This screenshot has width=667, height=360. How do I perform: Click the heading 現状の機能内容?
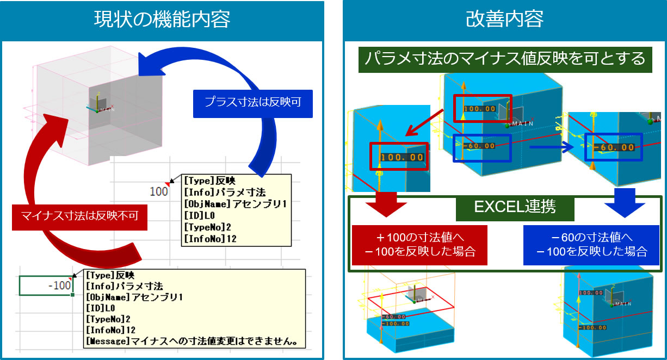tap(162, 20)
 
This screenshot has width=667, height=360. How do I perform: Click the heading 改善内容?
tap(504, 20)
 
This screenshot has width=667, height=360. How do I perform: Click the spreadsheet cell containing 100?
tap(159, 191)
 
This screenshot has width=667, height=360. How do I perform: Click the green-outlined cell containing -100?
tap(46, 285)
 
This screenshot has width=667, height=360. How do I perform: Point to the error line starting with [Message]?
tap(194, 340)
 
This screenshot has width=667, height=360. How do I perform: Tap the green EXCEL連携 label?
tap(505, 207)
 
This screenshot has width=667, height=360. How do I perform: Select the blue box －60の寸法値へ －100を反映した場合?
tap(591, 244)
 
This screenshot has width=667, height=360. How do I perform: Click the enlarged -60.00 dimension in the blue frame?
tap(613, 147)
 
